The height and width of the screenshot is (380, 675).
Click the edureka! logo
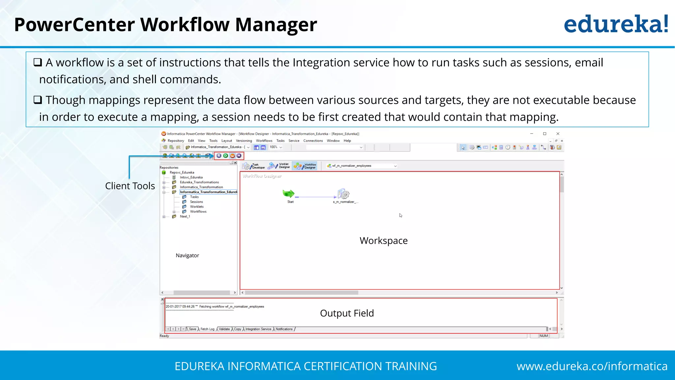tap(616, 24)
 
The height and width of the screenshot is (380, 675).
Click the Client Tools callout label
tap(130, 186)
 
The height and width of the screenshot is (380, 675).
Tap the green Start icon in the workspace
tap(288, 194)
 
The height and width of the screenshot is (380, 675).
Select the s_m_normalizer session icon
tap(343, 194)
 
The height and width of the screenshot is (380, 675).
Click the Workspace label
tap(384, 241)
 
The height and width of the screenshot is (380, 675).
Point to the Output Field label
tap(347, 313)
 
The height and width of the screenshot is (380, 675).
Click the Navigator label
tap(187, 256)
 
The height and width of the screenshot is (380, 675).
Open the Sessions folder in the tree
tap(196, 202)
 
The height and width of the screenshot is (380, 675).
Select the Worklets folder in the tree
tap(197, 207)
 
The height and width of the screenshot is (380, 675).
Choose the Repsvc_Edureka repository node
tap(182, 173)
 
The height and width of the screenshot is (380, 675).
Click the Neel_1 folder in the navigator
tap(185, 217)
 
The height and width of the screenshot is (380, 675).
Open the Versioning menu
tap(244, 141)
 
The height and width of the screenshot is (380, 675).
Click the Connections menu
tap(313, 141)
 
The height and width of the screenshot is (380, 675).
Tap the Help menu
tap(347, 141)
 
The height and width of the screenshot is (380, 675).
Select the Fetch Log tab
tap(207, 329)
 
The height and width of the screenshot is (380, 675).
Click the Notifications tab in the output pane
tap(284, 329)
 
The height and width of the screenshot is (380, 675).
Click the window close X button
tap(558, 134)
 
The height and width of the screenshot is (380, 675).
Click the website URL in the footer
tap(592, 366)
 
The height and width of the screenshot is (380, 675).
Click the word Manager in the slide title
tap(276, 25)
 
